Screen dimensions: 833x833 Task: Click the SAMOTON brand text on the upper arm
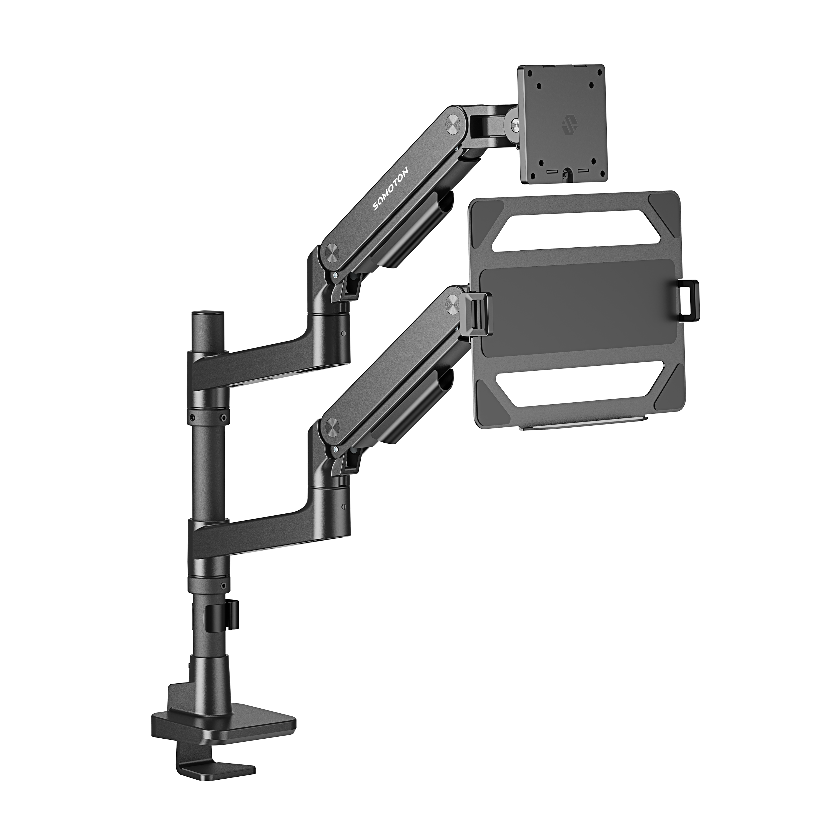point(393,188)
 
